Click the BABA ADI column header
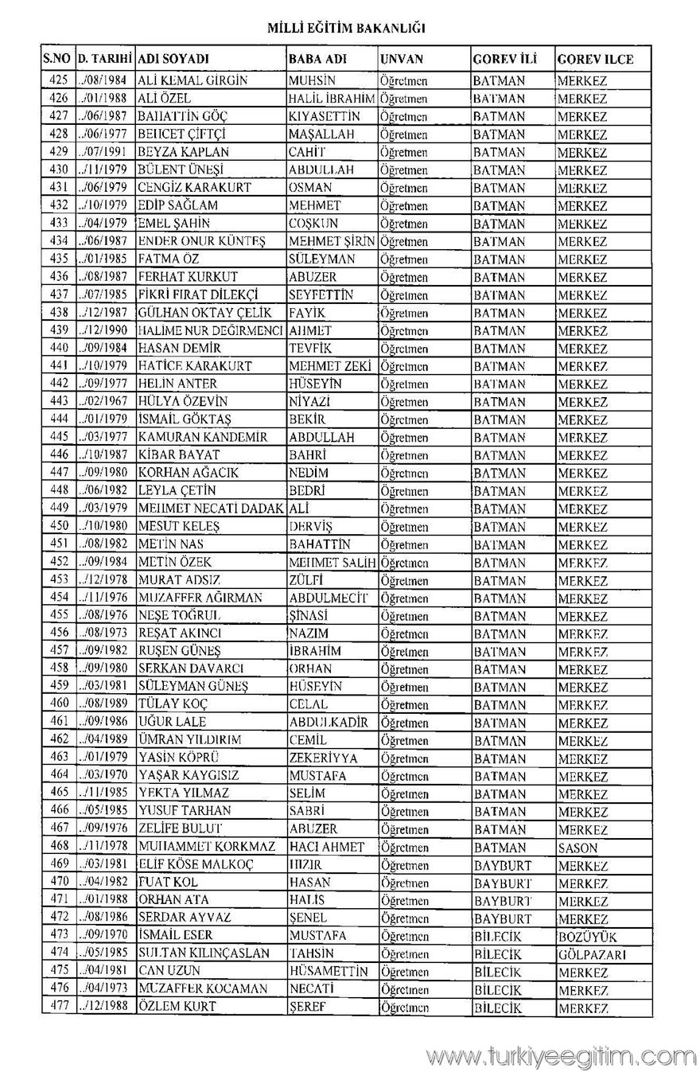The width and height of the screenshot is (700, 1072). (317, 59)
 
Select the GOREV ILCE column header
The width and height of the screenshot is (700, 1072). (595, 60)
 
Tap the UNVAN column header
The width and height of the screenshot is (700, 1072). (402, 59)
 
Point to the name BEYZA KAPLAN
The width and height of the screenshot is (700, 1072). (183, 152)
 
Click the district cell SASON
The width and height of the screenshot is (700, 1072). (577, 848)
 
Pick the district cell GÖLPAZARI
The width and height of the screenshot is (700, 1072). (592, 954)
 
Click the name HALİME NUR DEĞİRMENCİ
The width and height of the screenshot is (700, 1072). (211, 330)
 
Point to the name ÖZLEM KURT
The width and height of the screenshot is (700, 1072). (177, 1007)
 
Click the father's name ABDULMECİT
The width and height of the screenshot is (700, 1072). (329, 598)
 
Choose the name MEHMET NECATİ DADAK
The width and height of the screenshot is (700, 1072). (211, 509)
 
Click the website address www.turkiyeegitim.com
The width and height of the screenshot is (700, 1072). (561, 1057)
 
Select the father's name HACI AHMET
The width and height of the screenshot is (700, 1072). (327, 848)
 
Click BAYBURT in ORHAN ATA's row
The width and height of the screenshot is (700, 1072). (502, 901)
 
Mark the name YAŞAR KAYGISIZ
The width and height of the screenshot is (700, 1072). (189, 775)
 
